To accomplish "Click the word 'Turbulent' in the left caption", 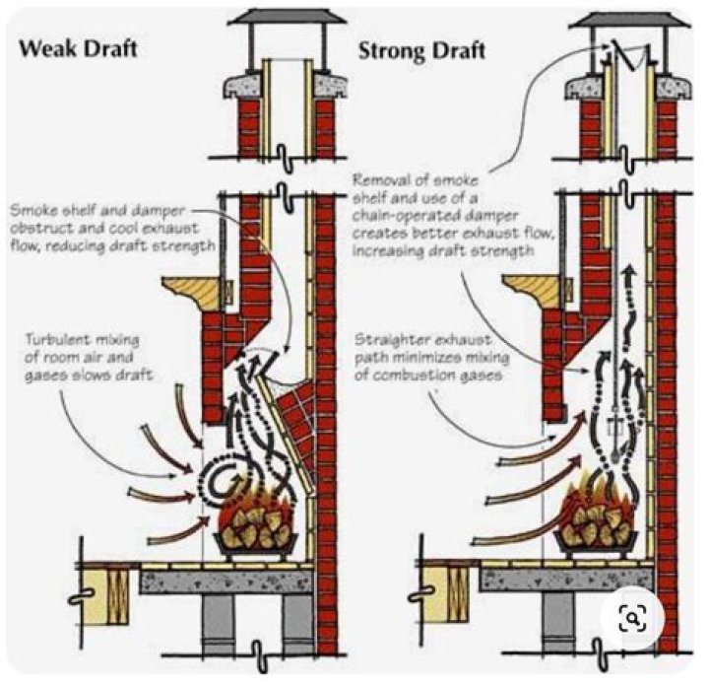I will (x=59, y=338).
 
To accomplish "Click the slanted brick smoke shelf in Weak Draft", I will (x=295, y=403).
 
